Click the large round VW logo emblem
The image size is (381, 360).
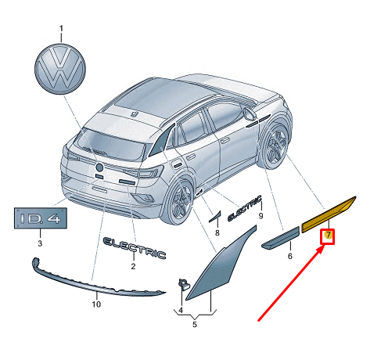[x=60, y=69]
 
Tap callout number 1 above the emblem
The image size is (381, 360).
[x=61, y=28]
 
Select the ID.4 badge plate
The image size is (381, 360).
[x=41, y=218]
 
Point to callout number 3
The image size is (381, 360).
[x=40, y=243]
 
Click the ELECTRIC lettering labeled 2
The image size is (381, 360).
[x=135, y=248]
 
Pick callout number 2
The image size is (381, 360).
[x=133, y=266]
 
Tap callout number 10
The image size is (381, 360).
[x=96, y=304]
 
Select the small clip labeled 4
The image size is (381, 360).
[x=183, y=284]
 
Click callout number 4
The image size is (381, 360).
[x=181, y=310]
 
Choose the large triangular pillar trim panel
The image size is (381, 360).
[x=221, y=264]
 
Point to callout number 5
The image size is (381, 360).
[x=195, y=325]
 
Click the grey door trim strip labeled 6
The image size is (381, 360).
[x=281, y=238]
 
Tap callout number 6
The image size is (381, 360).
[x=290, y=256]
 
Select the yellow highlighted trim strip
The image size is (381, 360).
[x=329, y=214]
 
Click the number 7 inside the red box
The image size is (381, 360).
[x=329, y=235]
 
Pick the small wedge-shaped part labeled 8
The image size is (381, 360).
[x=215, y=217]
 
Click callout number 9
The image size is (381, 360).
[x=261, y=216]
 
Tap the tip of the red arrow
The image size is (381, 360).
[x=323, y=247]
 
